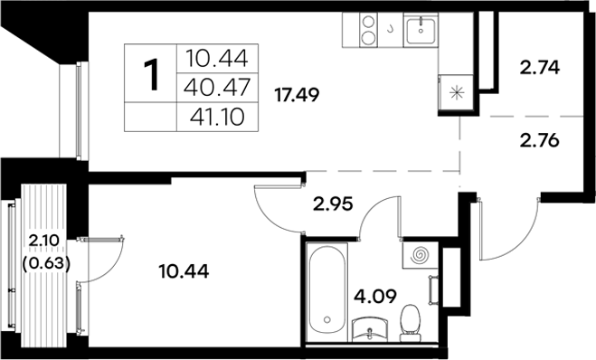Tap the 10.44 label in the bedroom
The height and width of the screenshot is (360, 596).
189,270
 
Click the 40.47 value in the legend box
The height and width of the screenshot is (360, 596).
218,89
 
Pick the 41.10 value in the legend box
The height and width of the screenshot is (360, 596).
218,117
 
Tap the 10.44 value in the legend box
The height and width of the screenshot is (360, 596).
218,61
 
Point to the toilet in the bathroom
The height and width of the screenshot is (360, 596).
412,321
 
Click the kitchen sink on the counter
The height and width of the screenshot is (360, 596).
421,33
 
